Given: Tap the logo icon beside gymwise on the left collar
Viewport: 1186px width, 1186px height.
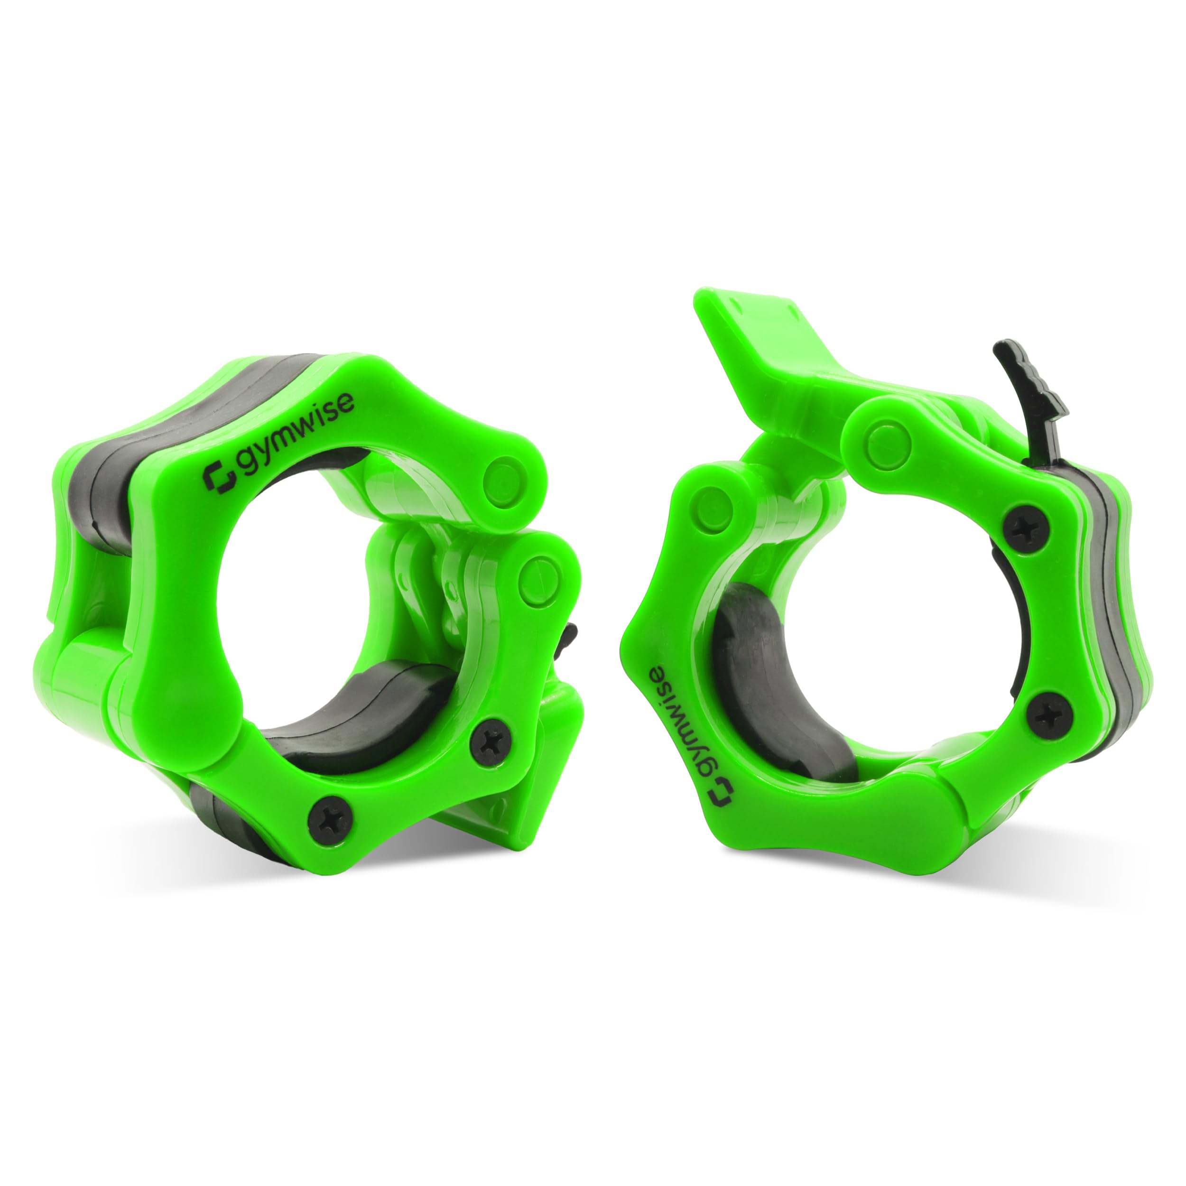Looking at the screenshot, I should pos(220,476).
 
